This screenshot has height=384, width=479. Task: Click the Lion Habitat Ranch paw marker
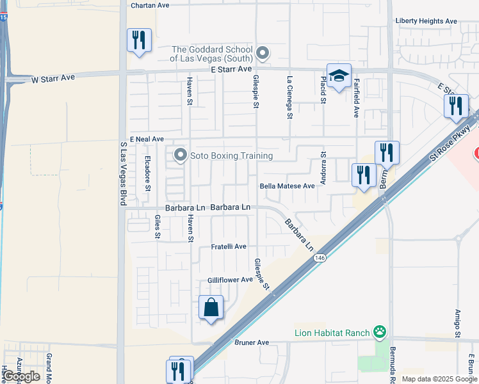click(x=380, y=332)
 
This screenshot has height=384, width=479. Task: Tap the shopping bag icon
click(x=211, y=308)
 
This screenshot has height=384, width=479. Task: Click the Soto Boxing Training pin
click(x=181, y=155)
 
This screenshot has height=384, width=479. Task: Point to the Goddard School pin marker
click(x=261, y=52)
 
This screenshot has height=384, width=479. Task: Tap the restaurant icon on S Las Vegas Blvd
click(x=139, y=40)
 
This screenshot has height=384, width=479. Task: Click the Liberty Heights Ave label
click(x=426, y=21)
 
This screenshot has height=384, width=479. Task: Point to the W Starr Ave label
click(x=53, y=78)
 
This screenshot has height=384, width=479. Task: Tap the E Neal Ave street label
click(x=147, y=139)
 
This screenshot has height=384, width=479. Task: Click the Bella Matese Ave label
click(x=287, y=186)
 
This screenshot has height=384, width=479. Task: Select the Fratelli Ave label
click(x=229, y=246)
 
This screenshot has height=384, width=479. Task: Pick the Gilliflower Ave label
click(x=230, y=280)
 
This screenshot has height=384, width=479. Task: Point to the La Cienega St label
click(x=290, y=98)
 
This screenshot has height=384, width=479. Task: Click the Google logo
click(x=21, y=376)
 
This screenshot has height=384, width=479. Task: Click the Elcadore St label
click(x=147, y=173)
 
